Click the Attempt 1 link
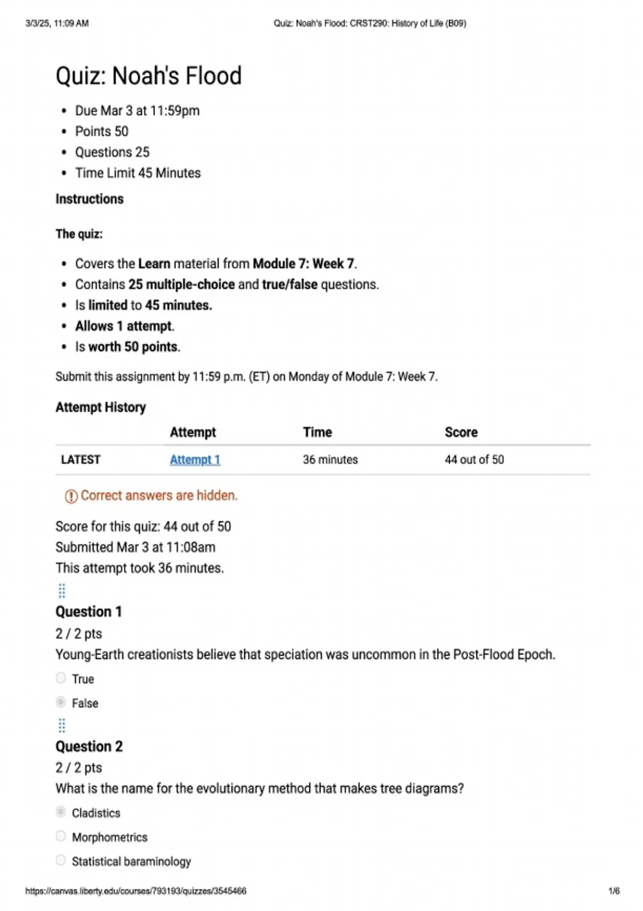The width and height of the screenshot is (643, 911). [195, 460]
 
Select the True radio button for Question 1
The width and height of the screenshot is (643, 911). [61, 678]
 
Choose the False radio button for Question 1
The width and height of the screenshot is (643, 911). [61, 702]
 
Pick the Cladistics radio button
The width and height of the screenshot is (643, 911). [61, 812]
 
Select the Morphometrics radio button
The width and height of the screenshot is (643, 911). [61, 836]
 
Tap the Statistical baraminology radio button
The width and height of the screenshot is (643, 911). [61, 860]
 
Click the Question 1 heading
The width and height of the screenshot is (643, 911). [89, 611]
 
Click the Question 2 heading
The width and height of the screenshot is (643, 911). [89, 746]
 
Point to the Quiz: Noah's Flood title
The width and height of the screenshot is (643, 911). [148, 76]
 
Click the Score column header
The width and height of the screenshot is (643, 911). [461, 432]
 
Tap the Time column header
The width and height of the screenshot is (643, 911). [317, 432]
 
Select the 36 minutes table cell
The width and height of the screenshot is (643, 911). [330, 460]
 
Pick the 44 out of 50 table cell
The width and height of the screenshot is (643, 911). [474, 460]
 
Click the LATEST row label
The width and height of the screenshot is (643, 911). [80, 460]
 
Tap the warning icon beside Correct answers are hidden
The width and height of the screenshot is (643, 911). [71, 496]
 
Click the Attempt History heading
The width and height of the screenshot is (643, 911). [101, 407]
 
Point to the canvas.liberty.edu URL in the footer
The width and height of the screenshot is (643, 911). [136, 891]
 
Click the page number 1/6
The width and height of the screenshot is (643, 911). [614, 891]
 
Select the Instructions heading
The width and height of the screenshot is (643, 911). [89, 199]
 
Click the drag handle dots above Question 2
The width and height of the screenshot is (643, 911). [62, 726]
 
